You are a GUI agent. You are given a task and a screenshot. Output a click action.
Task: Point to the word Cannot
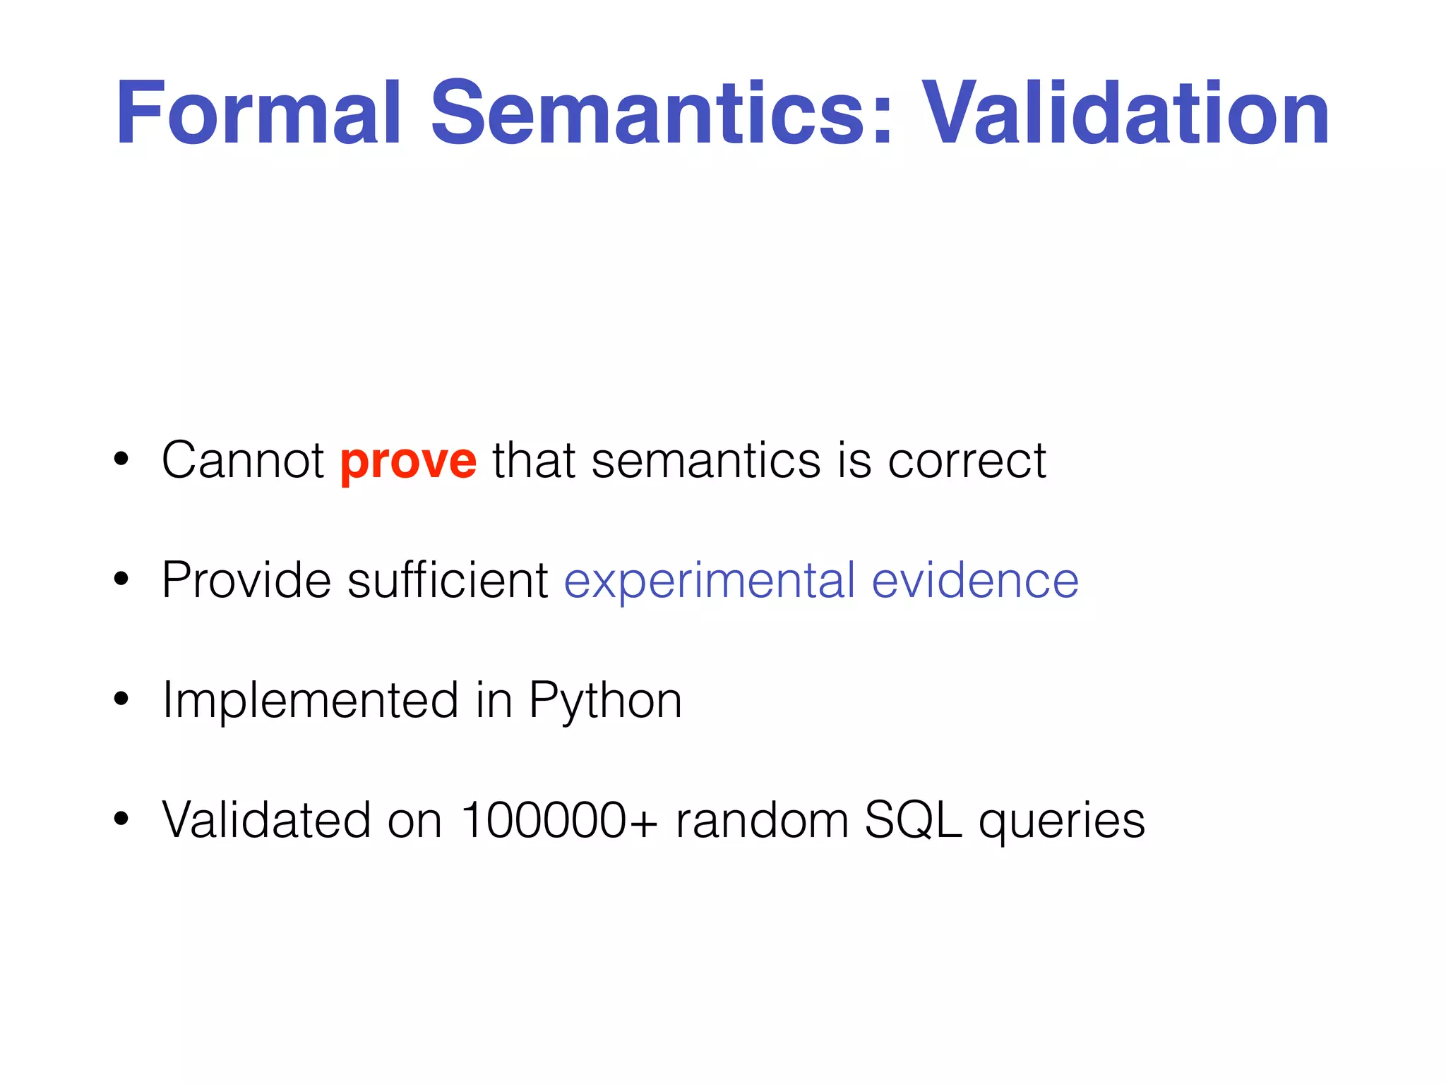click(243, 460)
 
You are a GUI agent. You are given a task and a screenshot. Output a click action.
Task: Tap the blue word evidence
click(975, 580)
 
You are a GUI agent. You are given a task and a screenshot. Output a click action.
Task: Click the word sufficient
click(448, 580)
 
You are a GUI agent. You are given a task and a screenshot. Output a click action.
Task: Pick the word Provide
click(246, 580)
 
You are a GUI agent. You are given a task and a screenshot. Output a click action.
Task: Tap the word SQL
click(913, 821)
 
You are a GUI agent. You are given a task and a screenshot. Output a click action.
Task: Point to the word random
click(762, 820)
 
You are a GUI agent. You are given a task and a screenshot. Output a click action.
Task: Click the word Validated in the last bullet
click(266, 820)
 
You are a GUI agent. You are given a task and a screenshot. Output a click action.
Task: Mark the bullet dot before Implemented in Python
click(121, 699)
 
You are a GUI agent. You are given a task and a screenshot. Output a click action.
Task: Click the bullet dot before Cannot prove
click(121, 459)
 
